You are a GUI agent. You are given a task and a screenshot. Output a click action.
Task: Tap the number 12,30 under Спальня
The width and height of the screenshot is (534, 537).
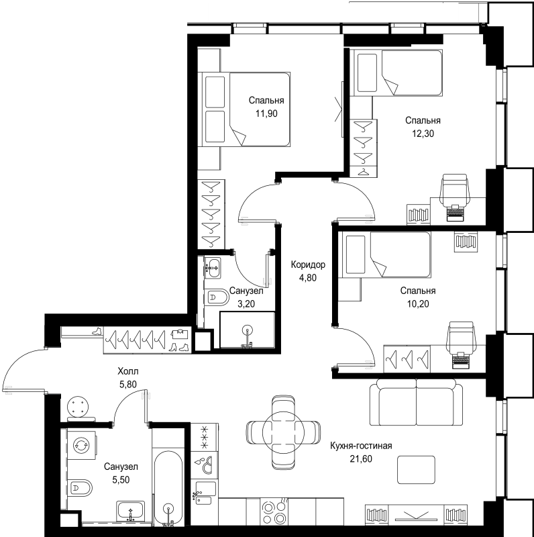[422, 134]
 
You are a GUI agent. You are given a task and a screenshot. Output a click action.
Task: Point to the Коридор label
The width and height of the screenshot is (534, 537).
[308, 264]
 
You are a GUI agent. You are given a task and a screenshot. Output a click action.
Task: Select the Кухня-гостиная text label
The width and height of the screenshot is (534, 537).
[361, 445]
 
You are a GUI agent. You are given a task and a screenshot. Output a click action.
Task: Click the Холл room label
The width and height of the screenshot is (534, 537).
[127, 371]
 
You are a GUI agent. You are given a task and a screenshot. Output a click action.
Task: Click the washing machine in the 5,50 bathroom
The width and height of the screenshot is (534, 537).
[82, 445]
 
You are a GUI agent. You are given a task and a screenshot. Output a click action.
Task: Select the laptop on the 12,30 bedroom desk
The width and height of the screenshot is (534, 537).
[456, 213]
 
